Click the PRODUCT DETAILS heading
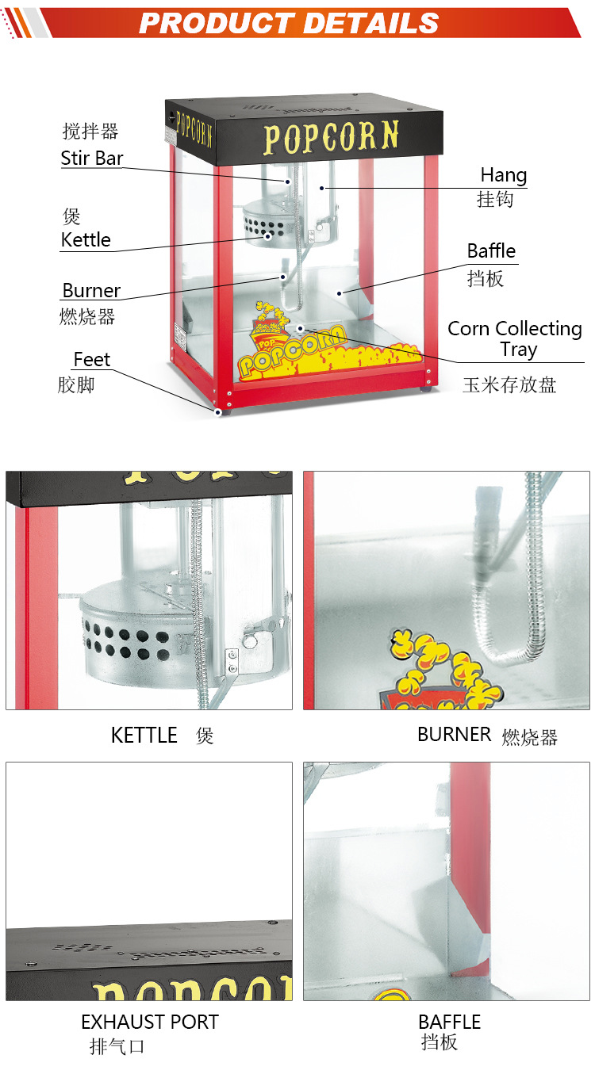[x=289, y=22]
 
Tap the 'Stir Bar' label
[x=92, y=158]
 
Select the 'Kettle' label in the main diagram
[x=86, y=240]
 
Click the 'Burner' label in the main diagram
[x=91, y=290]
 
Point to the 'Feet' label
[x=91, y=360]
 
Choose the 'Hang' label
[x=503, y=175]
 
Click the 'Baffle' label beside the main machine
[x=491, y=251]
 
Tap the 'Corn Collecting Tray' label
[x=515, y=338]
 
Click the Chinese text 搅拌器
[x=90, y=131]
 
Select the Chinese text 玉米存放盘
[x=509, y=385]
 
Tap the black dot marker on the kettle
[x=268, y=235]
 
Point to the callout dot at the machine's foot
[x=217, y=411]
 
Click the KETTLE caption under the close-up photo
[x=144, y=736]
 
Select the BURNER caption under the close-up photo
[x=454, y=735]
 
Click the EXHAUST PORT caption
[x=149, y=1022]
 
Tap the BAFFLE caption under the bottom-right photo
[x=450, y=1022]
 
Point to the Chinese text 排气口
[x=117, y=1047]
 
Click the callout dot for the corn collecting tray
[x=301, y=327]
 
